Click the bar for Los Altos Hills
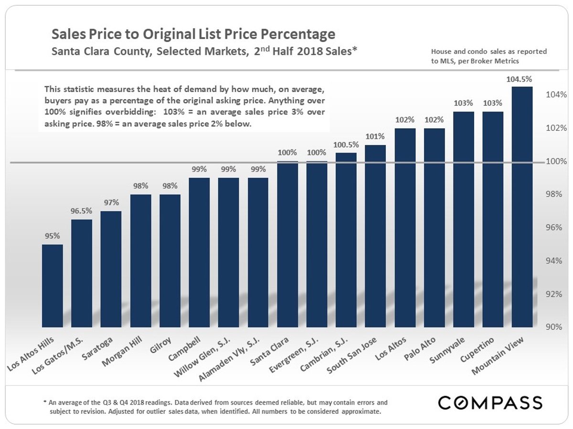tap(53, 286)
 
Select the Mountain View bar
tap(522, 207)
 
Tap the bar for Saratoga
tap(111, 269)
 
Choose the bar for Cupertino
tap(493, 219)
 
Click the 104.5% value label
tap(522, 79)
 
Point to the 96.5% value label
tap(82, 211)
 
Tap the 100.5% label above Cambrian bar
tap(346, 144)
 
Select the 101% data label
tap(376, 136)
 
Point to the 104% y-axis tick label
tap(556, 95)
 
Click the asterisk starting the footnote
tap(44, 402)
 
